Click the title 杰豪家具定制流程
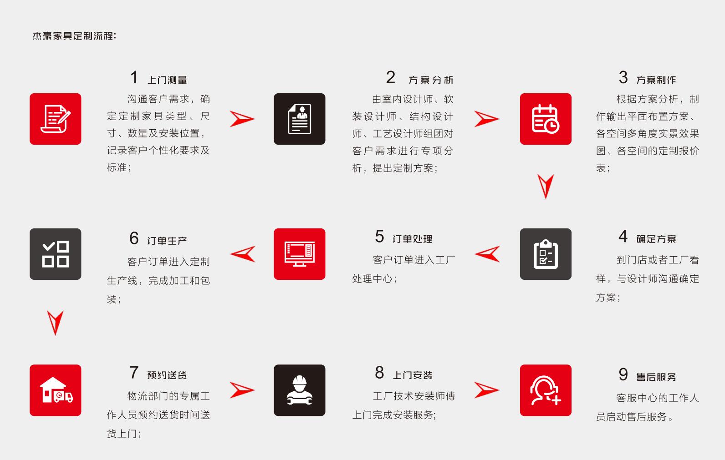pos(74,36)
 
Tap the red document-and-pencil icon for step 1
pos(56,119)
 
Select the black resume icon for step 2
pos(300,119)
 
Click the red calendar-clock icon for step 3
pos(546,119)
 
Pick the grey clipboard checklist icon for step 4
pos(546,254)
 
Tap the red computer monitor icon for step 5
pos(300,254)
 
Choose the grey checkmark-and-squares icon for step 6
pos(56,254)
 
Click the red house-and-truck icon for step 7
pos(56,390)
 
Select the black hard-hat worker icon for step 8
pos(300,390)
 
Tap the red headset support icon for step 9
pos(546,390)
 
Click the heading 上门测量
pos(167,80)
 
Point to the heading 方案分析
pos(431,80)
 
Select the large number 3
pos(623,77)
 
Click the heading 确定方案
pos(656,239)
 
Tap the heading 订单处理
pos(412,239)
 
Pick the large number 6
pos(134,238)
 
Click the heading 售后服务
pos(656,377)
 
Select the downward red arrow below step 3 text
pos(546,185)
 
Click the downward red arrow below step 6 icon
pos(55,322)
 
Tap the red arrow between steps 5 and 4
pos(488,254)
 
